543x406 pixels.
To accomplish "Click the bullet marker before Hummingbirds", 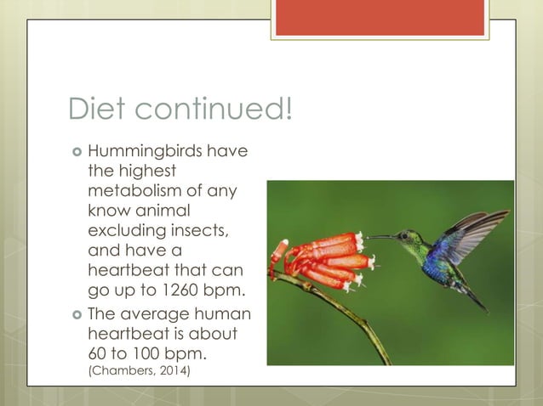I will click(75, 152).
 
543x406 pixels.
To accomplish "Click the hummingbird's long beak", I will click(384, 237).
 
